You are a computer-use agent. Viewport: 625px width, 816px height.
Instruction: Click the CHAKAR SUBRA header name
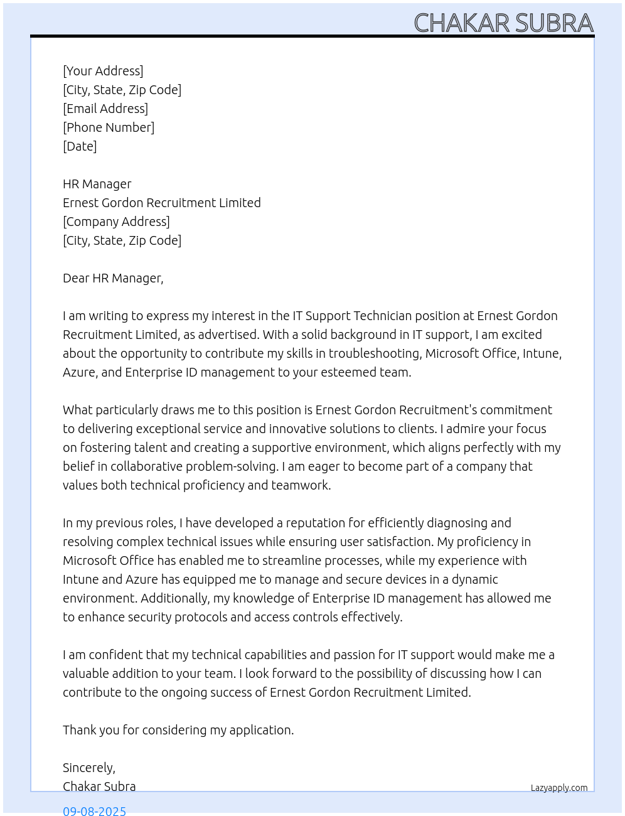pyautogui.click(x=503, y=23)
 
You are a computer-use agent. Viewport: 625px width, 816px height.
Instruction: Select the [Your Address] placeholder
pyautogui.click(x=103, y=71)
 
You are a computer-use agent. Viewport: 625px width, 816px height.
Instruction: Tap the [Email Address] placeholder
pyautogui.click(x=105, y=109)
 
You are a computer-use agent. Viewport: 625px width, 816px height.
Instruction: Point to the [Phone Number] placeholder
pyautogui.click(x=109, y=127)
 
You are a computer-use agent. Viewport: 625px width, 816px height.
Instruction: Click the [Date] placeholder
pyautogui.click(x=80, y=146)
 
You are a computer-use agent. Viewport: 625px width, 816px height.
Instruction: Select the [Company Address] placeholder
pyautogui.click(x=116, y=222)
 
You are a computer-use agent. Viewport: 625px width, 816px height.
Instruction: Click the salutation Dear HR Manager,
pyautogui.click(x=113, y=278)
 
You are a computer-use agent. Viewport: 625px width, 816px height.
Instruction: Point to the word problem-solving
pyautogui.click(x=235, y=466)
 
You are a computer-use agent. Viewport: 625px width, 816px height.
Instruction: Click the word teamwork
pyautogui.click(x=301, y=485)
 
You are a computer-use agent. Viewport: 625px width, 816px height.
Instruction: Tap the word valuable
pyautogui.click(x=85, y=674)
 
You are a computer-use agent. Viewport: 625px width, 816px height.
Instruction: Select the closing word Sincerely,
pyautogui.click(x=89, y=768)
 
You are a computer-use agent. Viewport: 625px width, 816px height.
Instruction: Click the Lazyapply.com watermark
pyautogui.click(x=559, y=788)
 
